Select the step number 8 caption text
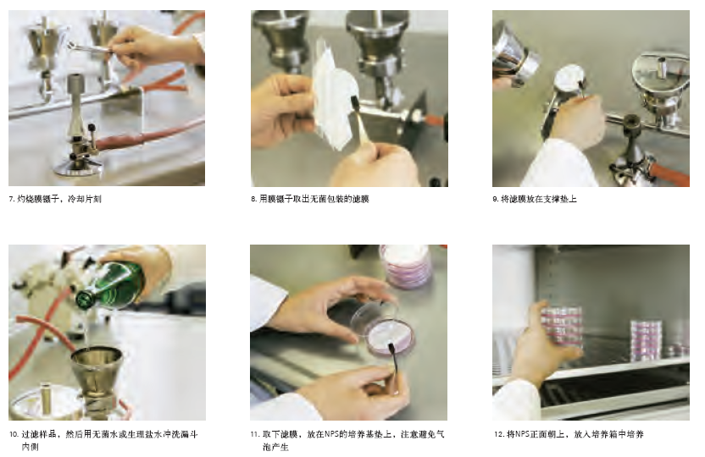310,199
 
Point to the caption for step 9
534,199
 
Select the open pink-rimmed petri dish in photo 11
390,337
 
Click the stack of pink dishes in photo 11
406,267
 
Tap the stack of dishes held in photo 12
561,328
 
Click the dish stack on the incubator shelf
647,340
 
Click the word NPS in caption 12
523,434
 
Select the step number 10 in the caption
14,434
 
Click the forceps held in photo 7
90,47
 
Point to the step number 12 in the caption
498,434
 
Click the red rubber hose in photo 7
148,134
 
